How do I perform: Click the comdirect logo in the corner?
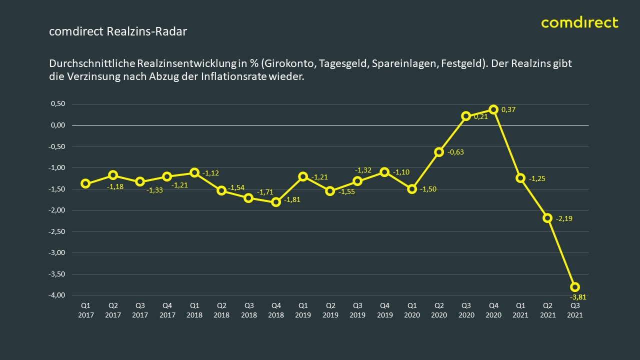pyautogui.click(x=579, y=22)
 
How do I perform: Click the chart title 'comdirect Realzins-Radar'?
pyautogui.click(x=118, y=31)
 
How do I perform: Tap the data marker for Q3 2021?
pyautogui.click(x=575, y=286)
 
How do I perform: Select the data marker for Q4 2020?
pyautogui.click(x=493, y=109)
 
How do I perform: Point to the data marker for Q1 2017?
pyautogui.click(x=85, y=183)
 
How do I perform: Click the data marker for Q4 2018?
pyautogui.click(x=275, y=202)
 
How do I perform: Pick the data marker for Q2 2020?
pyautogui.click(x=439, y=152)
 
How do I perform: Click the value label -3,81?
pyautogui.click(x=578, y=296)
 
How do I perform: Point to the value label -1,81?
pyautogui.click(x=292, y=200)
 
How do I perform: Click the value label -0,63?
pyautogui.click(x=455, y=152)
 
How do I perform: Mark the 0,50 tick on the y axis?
pyautogui.click(x=58, y=104)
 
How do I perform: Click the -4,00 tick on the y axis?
pyautogui.click(x=57, y=295)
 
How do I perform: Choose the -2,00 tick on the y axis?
pyautogui.click(x=57, y=210)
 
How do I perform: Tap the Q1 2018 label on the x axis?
pyautogui.click(x=194, y=310)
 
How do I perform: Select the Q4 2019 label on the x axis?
pyautogui.click(x=384, y=310)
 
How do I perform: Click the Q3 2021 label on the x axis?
pyautogui.click(x=575, y=310)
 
